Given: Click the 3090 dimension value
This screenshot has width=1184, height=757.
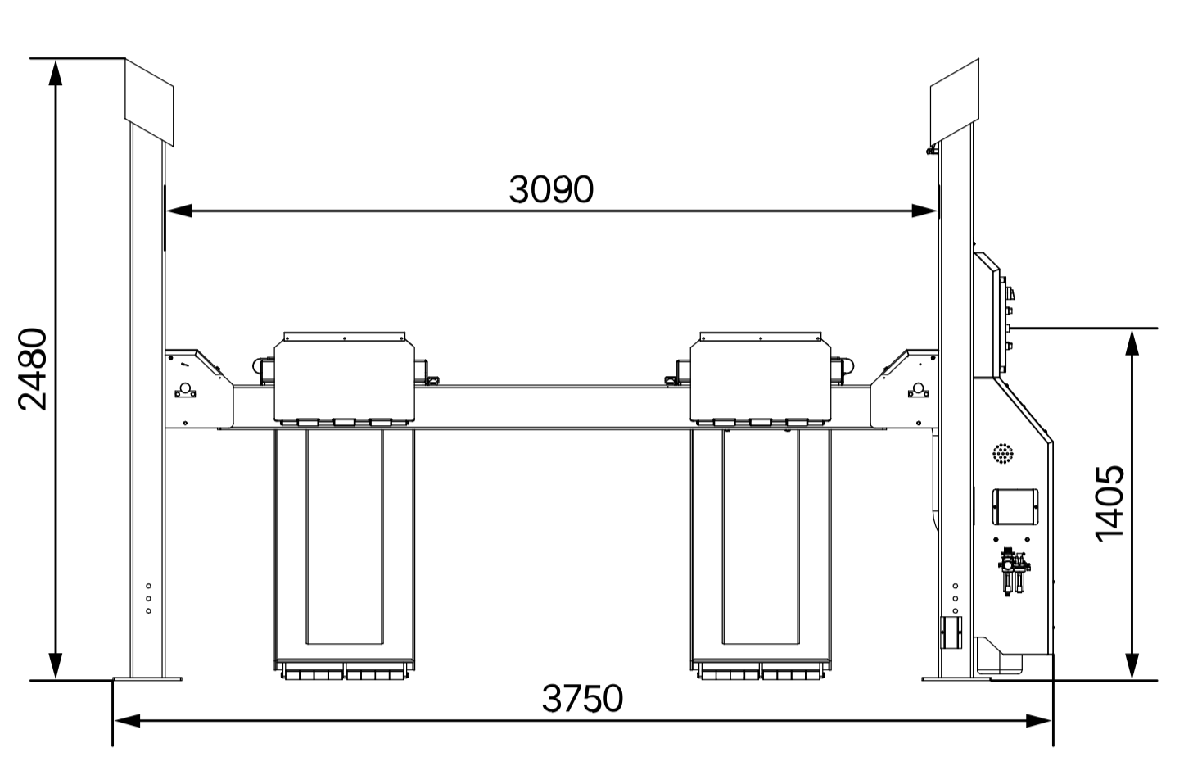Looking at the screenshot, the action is pos(551,189).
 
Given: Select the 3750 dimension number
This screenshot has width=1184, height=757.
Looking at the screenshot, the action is pos(582,698).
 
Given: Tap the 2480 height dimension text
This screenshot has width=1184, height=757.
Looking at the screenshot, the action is pos(33,369).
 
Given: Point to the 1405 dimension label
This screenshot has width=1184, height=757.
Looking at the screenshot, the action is pos(1109,503).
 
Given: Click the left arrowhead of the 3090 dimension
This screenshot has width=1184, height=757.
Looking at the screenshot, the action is pos(179,211).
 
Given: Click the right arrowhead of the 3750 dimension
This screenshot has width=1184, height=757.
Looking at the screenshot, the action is pos(1038,720).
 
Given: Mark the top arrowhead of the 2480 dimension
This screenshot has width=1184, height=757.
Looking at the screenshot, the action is pos(56,72).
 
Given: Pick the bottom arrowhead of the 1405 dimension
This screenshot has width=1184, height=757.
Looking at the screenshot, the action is pos(1132,666).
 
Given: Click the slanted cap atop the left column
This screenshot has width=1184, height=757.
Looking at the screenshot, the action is pos(149,102).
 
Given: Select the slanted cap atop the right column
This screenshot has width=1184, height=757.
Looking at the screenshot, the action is pos(955,102).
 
